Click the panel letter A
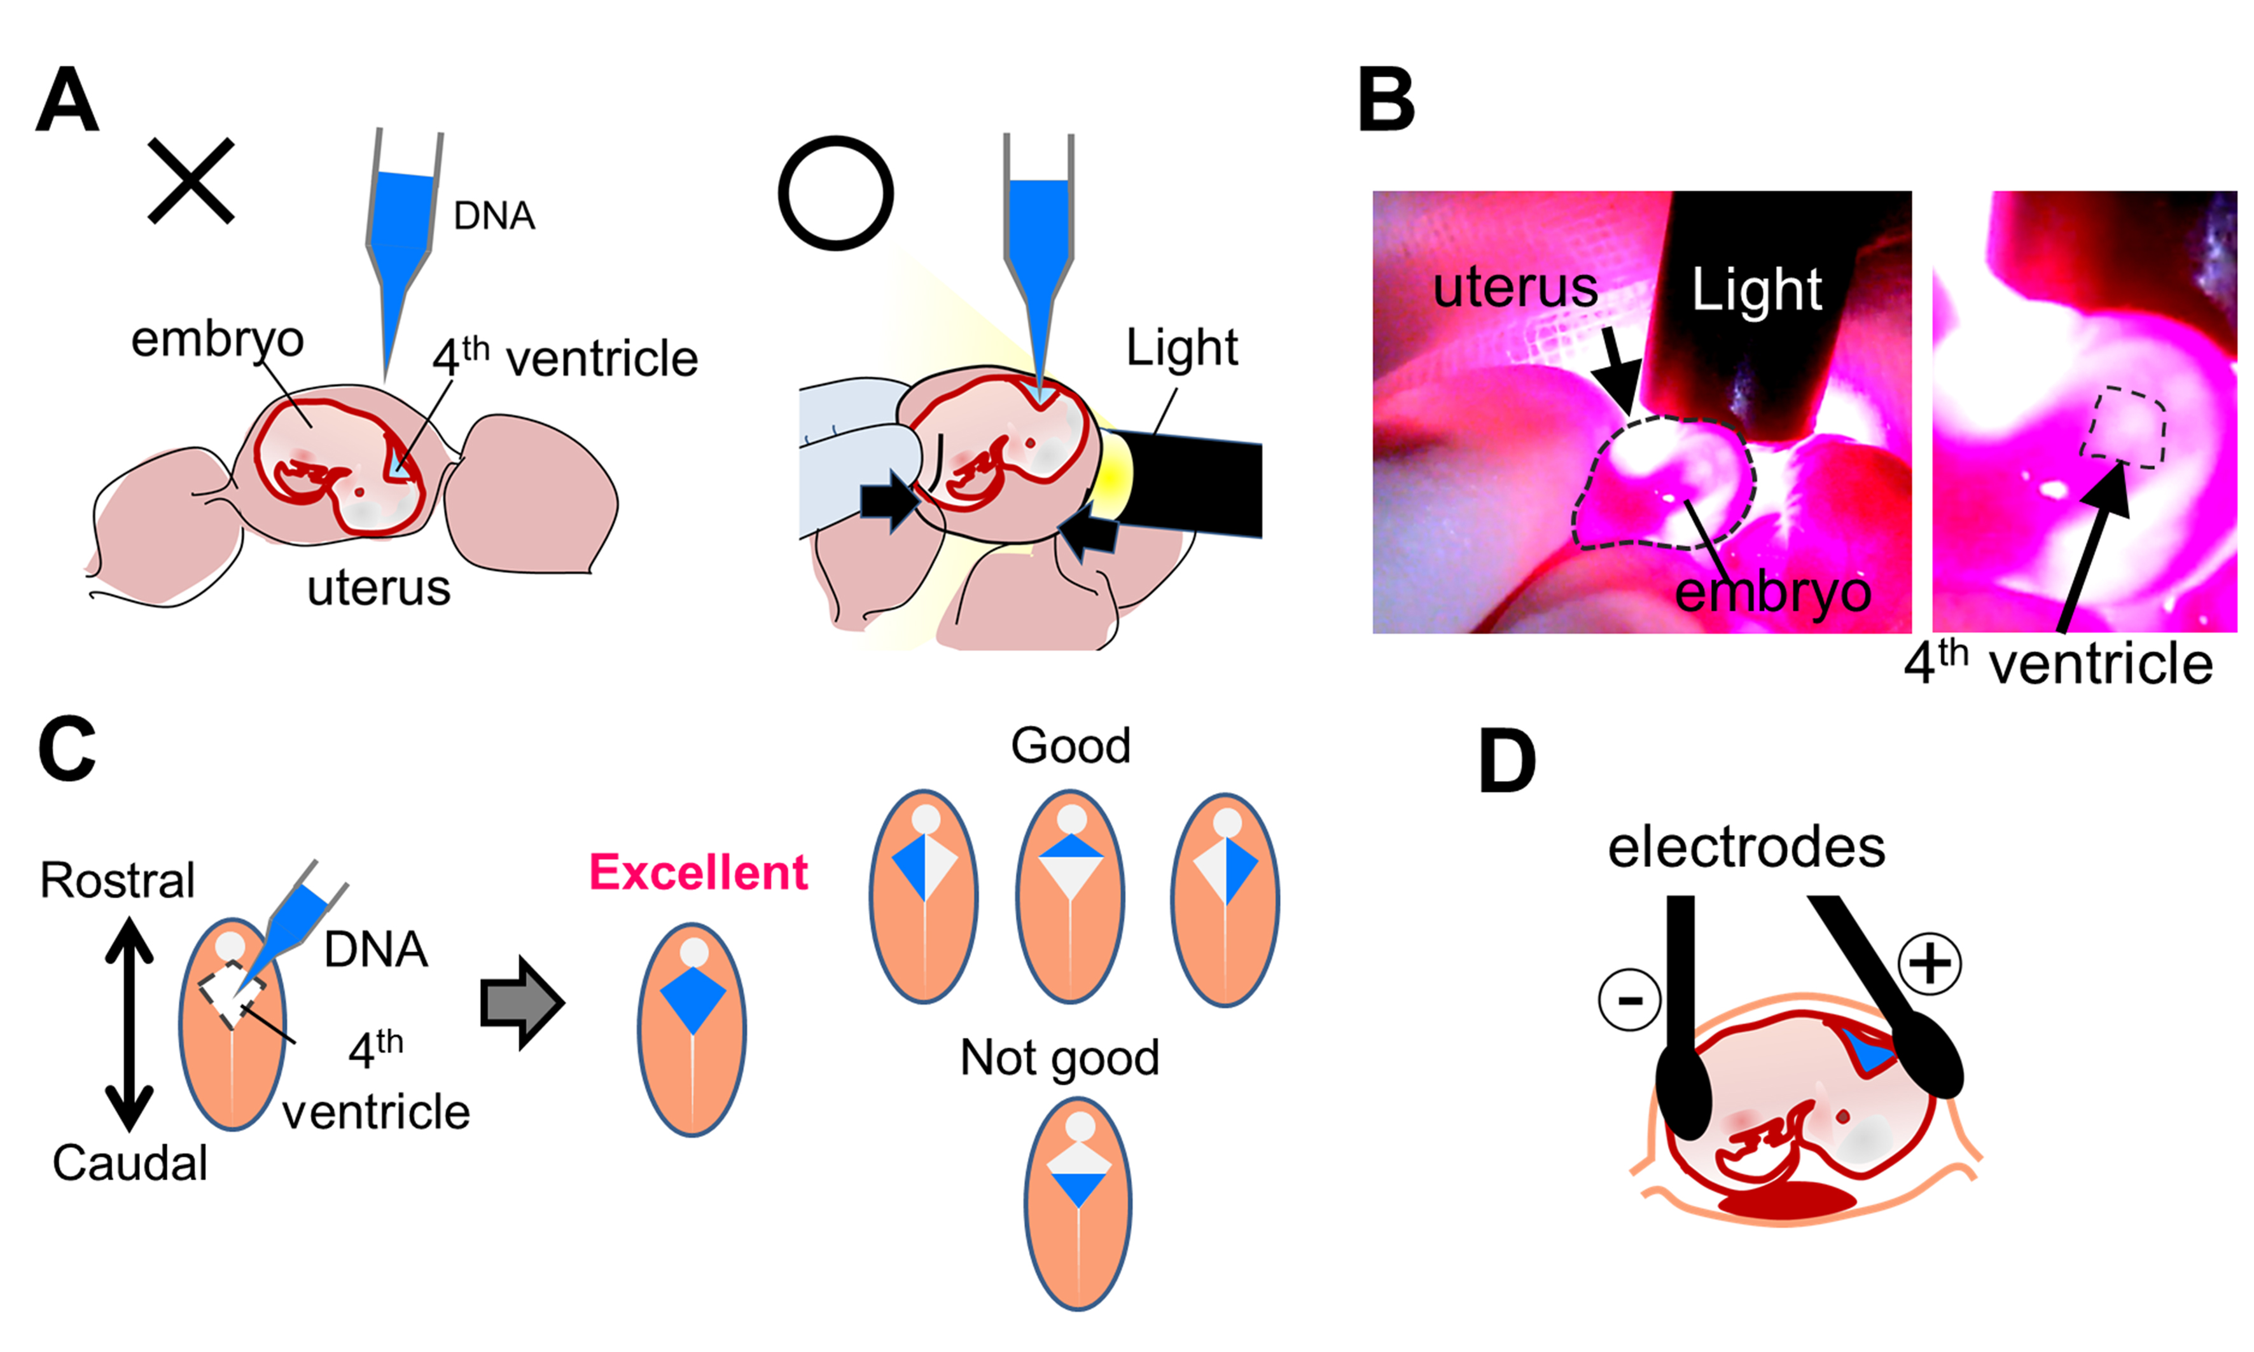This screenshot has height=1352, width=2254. [x=67, y=102]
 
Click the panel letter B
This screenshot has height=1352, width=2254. [x=1386, y=102]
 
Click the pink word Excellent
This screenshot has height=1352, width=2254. [x=698, y=873]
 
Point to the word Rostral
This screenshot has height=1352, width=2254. [x=118, y=881]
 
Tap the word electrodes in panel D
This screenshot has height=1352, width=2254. [x=1746, y=848]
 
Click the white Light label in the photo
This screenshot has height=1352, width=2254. [x=1757, y=291]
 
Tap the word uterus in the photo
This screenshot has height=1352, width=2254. [x=1515, y=288]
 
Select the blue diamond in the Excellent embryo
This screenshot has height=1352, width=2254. [x=693, y=997]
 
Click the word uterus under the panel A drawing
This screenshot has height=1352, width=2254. [x=379, y=588]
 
